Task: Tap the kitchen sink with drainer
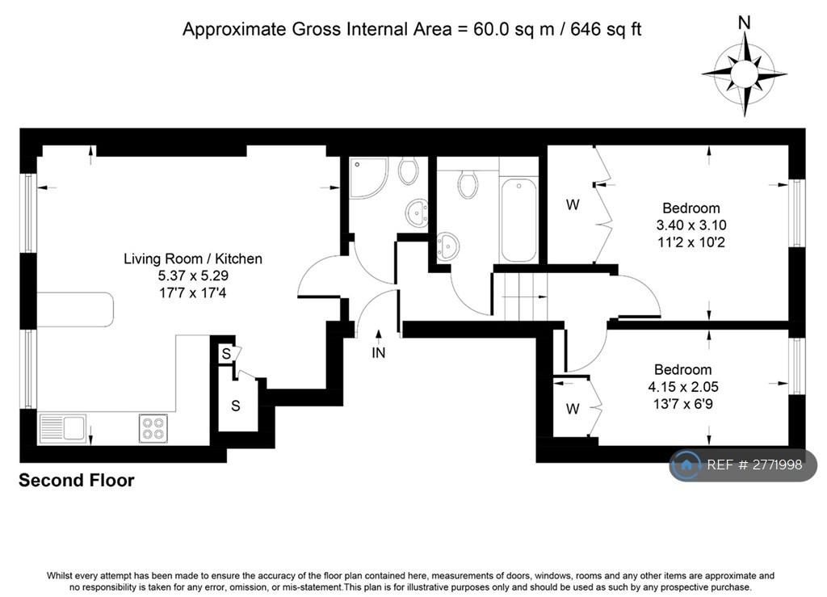63,427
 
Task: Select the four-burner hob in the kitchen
153,427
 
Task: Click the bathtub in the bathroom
519,220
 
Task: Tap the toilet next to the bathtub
468,184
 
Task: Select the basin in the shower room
417,213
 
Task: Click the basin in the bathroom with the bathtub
447,246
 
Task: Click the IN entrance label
378,353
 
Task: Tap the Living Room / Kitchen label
193,259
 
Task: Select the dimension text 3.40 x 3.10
691,225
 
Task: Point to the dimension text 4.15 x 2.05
683,387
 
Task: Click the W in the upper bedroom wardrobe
573,204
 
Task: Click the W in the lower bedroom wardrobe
573,409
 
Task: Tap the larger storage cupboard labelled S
236,406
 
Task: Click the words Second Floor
77,480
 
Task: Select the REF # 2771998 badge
743,465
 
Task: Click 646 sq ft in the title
606,29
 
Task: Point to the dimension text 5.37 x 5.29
193,275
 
